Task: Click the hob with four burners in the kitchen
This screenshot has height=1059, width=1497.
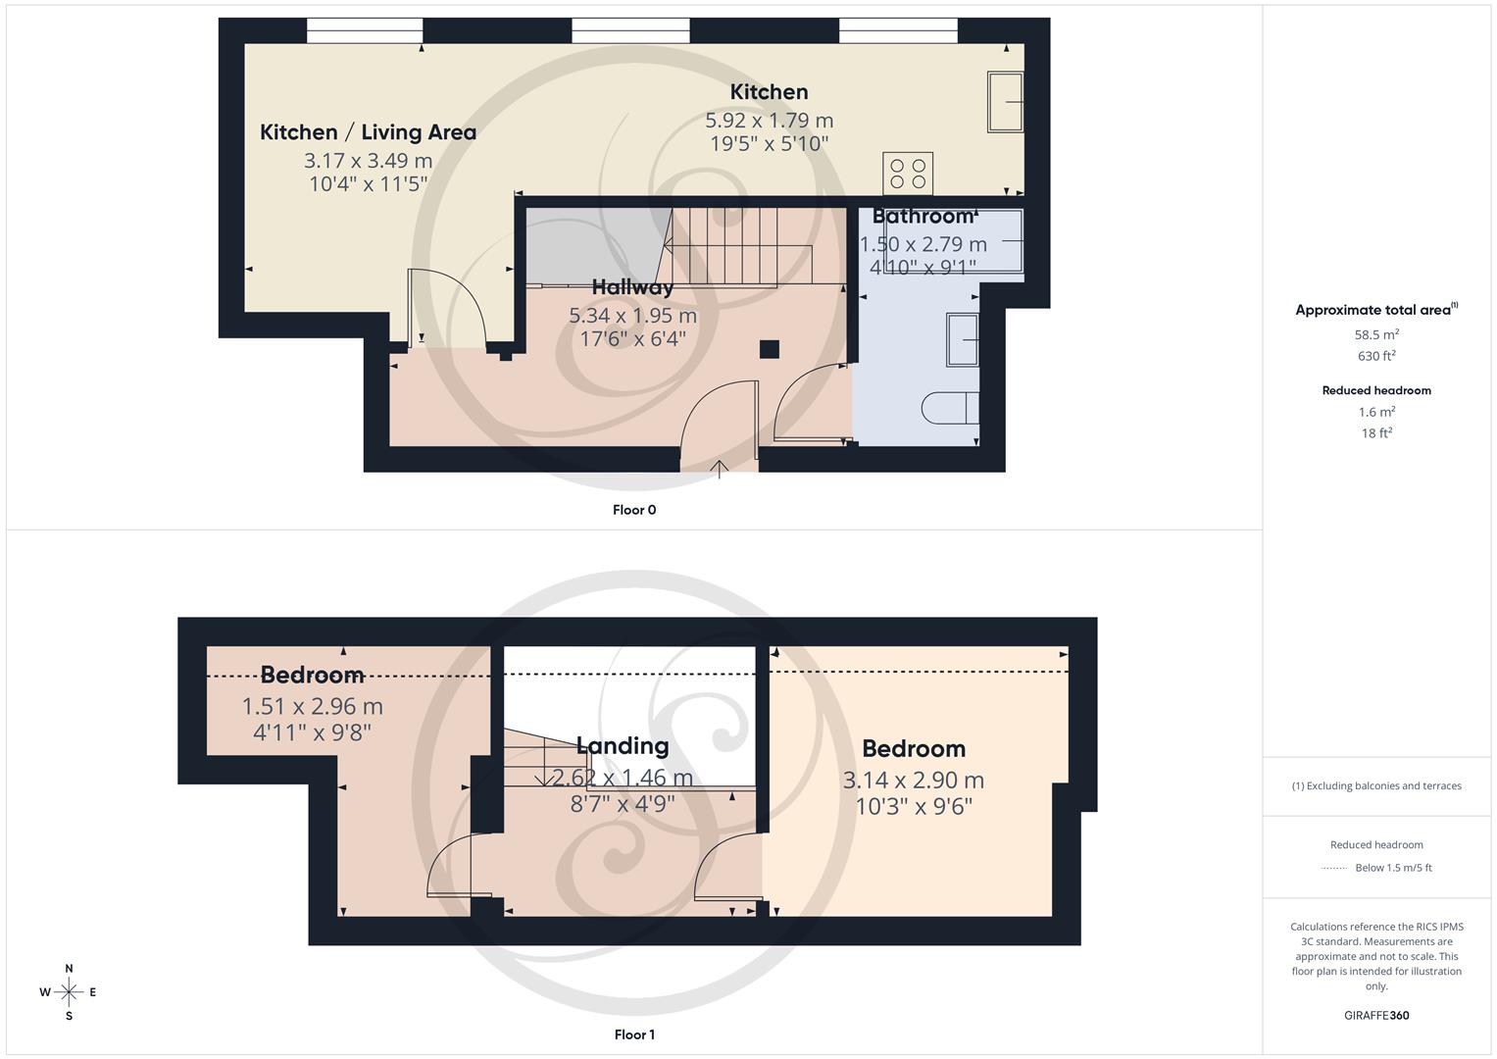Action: [x=907, y=174]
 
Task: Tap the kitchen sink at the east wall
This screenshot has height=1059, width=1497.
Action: [x=1005, y=102]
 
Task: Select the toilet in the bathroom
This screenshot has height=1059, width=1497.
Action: [x=950, y=407]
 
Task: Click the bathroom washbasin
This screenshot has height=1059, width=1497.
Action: [x=963, y=340]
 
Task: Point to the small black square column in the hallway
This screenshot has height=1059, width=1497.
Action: [x=770, y=348]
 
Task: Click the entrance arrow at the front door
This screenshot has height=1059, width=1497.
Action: [x=720, y=469]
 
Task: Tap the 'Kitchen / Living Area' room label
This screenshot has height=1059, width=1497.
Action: [x=368, y=132]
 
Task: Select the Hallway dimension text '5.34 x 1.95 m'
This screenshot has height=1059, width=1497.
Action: [x=632, y=316]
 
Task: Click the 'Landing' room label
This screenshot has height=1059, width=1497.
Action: [x=622, y=746]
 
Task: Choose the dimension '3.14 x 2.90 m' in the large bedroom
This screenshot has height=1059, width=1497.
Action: [x=914, y=781]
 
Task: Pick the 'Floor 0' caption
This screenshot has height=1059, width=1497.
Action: [x=634, y=510]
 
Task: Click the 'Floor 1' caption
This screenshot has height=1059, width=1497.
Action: [x=634, y=1034]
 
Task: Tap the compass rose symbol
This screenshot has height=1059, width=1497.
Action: [x=69, y=992]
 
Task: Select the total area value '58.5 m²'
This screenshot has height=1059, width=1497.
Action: [x=1376, y=334]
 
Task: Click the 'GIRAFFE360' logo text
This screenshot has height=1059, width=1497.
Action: [x=1376, y=1016]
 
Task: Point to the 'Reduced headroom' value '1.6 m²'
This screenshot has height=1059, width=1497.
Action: [x=1376, y=412]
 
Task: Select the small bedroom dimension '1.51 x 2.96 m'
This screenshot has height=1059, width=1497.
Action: [x=312, y=706]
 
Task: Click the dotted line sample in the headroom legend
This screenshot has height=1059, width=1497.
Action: [x=1334, y=868]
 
